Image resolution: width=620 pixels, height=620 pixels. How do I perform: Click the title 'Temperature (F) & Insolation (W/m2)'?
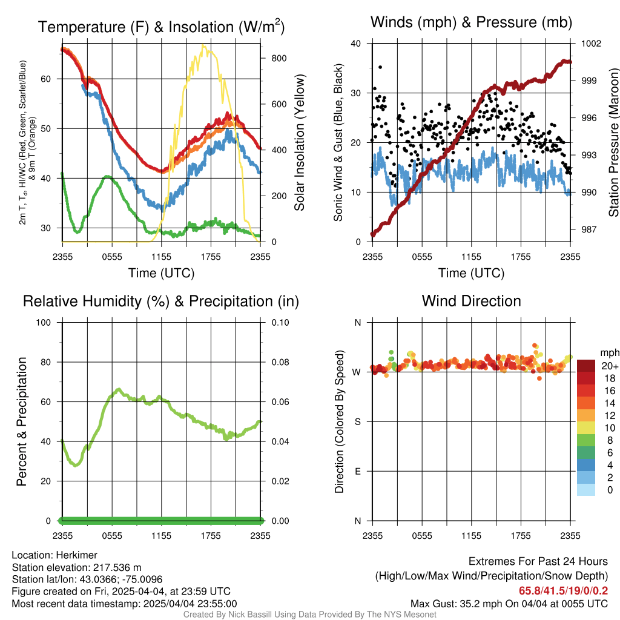161,27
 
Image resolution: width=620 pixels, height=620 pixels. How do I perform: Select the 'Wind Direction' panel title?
471,301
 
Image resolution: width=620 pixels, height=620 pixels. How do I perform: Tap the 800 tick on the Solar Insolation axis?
279,58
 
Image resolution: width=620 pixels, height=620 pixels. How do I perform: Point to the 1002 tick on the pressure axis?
591,43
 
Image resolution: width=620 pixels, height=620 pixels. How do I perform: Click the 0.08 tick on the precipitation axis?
280,362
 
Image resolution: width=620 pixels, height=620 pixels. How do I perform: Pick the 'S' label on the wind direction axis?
357,421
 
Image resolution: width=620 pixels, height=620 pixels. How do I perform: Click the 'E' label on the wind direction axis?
357,471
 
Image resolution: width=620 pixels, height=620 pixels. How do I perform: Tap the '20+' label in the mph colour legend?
610,366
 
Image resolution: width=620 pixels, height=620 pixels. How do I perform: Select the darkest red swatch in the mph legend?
586,366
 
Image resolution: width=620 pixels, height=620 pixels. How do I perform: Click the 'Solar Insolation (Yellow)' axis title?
299,142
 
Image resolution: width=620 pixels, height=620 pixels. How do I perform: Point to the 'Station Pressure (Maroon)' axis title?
613,142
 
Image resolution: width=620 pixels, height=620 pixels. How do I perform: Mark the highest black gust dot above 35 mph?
380,67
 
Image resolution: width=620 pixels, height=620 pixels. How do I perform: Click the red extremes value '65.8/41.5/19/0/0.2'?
564,591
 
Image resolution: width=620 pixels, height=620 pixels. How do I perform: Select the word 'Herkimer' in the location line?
76,555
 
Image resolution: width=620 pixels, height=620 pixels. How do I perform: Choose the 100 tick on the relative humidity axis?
44,323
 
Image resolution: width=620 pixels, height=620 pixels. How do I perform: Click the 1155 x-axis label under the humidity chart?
161,536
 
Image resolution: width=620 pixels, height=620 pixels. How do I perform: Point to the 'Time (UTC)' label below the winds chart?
471,273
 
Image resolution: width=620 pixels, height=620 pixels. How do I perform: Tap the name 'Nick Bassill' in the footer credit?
248,615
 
